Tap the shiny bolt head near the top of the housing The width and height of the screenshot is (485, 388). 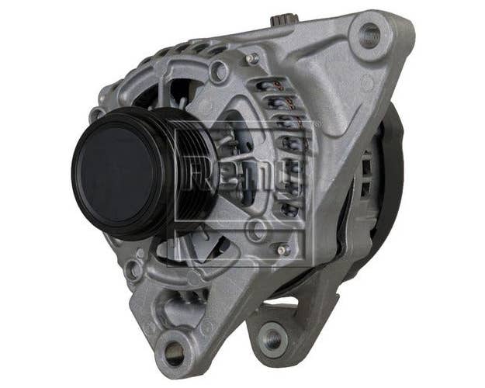coord(254,57)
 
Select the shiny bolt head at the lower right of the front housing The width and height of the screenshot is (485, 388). coord(283,250)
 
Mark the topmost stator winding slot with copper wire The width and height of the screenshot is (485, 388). coord(273,88)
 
